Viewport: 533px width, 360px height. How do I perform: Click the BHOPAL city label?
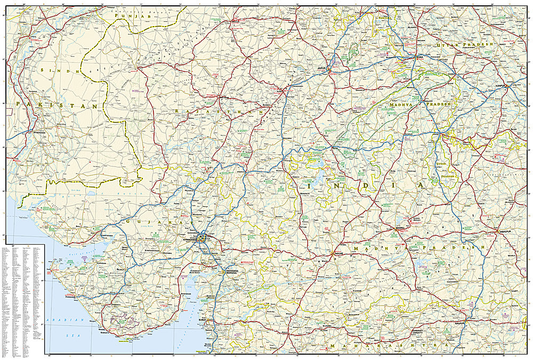pos(400,227)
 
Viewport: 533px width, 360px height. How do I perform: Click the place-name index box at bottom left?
pos(22,299)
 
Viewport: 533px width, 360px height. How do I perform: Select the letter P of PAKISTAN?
pos(19,104)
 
